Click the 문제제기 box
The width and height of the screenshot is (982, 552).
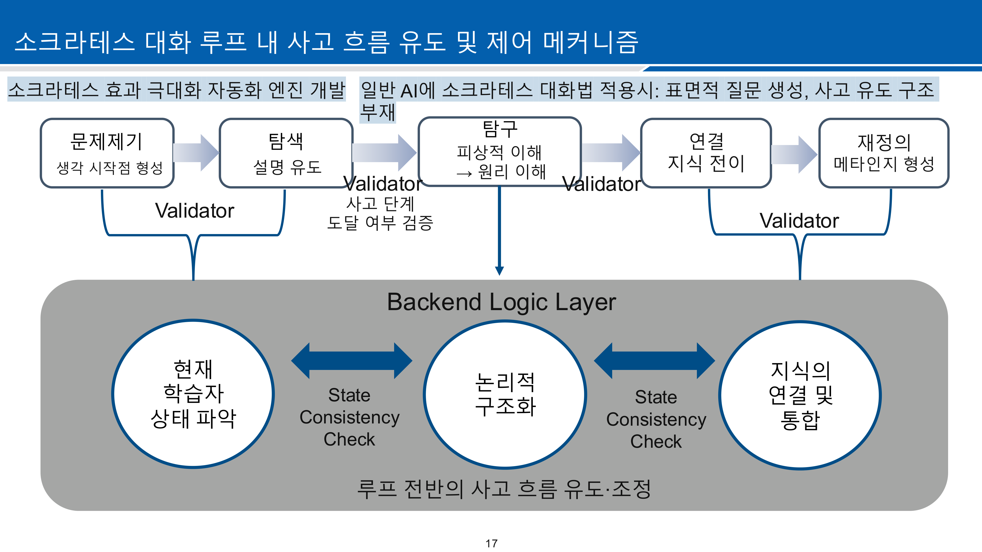point(107,153)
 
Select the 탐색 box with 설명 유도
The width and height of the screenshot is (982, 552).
point(286,153)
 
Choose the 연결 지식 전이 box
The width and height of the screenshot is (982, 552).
point(706,153)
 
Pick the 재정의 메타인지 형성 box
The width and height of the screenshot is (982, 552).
point(884,153)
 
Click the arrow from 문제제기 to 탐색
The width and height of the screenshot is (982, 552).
point(196,153)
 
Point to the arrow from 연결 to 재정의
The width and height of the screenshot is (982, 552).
point(794,154)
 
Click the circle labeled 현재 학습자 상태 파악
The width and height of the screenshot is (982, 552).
point(193,394)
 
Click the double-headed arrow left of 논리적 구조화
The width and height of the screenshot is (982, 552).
point(351,360)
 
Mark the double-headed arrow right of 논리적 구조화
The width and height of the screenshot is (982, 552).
point(654,360)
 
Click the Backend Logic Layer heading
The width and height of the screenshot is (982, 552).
point(501,302)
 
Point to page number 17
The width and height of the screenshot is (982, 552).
point(491,543)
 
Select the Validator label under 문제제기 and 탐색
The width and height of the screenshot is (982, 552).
point(194,211)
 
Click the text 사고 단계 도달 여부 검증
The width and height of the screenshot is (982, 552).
point(380,213)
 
